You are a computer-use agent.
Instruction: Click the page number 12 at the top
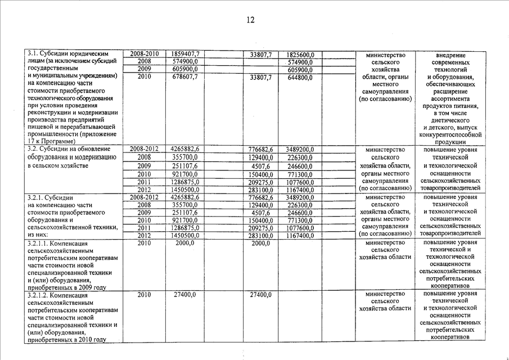250,20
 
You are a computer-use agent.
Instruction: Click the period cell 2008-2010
144,55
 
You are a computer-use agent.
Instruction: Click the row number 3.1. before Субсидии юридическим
34,54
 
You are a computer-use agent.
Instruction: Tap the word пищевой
40,127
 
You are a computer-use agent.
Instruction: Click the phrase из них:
38,235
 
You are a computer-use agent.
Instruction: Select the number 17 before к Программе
31,142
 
